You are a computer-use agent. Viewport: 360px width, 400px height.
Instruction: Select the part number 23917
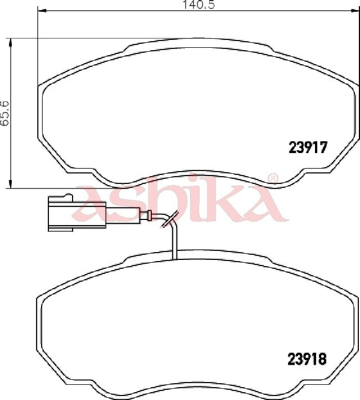(x=308, y=147)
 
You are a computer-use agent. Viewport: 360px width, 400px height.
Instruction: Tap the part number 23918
(x=307, y=359)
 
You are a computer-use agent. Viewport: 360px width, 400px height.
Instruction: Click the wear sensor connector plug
(x=76, y=214)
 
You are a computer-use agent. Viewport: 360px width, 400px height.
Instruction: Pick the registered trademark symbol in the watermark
(x=272, y=178)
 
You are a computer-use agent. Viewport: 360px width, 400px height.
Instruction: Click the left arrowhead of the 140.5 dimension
(x=42, y=11)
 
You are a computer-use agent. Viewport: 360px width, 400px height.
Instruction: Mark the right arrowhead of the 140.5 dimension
(x=355, y=11)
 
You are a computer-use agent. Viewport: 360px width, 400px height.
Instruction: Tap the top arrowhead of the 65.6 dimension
(x=11, y=43)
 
